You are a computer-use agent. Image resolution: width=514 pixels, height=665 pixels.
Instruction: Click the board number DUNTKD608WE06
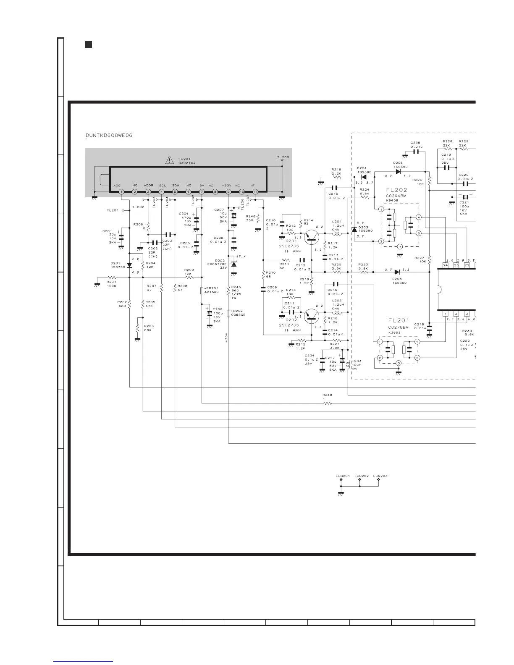tap(109, 135)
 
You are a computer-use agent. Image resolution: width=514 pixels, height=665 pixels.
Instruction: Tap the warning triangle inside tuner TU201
tap(169, 160)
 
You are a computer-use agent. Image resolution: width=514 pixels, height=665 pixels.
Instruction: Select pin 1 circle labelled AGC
tap(121, 191)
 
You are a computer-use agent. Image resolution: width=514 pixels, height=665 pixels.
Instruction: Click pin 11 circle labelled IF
tap(255, 191)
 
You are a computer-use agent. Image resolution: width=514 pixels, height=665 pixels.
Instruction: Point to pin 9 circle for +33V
tap(228, 191)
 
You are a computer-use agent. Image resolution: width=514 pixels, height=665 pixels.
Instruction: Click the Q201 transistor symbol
tap(311, 237)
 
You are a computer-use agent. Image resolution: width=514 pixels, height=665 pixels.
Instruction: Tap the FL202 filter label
tap(396, 190)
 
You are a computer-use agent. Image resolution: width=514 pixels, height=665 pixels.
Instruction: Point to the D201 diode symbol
tap(129, 265)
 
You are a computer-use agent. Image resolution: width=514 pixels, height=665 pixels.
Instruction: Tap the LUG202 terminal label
tap(362, 476)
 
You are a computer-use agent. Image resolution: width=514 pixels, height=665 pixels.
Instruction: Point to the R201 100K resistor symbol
tap(112, 277)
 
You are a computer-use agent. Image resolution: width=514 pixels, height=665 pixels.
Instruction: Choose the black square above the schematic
tap(88, 44)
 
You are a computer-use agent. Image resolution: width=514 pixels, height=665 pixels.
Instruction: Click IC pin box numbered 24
tap(445, 265)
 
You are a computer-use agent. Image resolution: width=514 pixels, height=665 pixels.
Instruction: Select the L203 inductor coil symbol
tap(349, 364)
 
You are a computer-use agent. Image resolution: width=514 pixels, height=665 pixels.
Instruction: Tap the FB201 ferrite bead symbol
tap(202, 291)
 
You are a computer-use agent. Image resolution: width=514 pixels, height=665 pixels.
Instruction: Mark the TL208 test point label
tap(283, 157)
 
